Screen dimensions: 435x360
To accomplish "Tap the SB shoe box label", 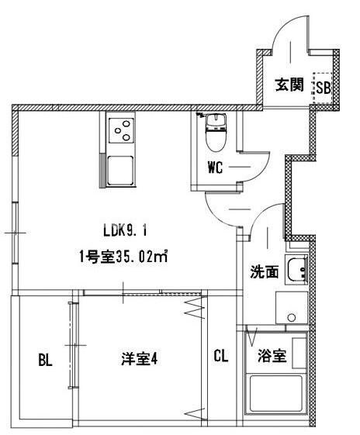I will tap(323, 87).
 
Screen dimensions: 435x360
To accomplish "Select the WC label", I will tap(216, 167).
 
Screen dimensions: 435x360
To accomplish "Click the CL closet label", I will tap(220, 357).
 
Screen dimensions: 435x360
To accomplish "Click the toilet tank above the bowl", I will tap(213, 119).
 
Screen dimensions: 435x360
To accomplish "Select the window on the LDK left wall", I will tap(16, 232).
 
